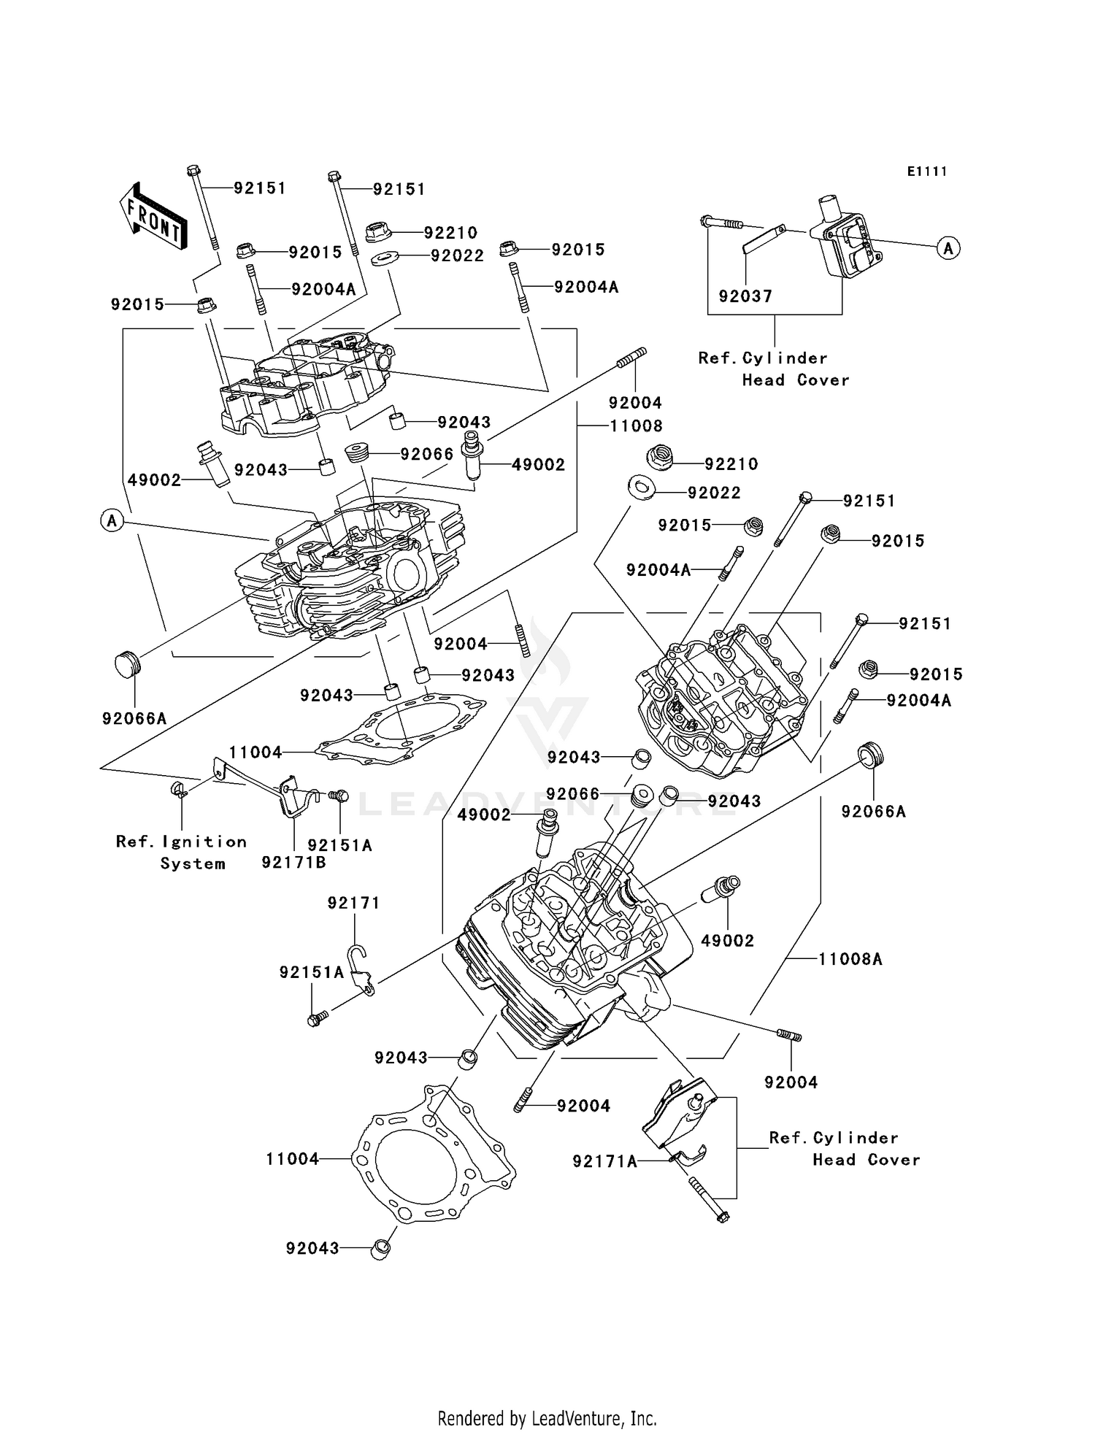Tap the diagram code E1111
[x=927, y=172]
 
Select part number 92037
[x=745, y=296]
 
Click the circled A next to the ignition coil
[x=948, y=248]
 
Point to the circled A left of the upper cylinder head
[x=112, y=520]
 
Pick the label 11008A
[x=850, y=959]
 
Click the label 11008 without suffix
[x=636, y=426]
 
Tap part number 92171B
[x=293, y=863]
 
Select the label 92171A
[x=604, y=1161]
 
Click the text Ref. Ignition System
[x=182, y=852]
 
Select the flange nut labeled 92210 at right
[x=661, y=458]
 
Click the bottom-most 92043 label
[x=312, y=1249]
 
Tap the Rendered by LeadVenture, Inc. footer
[x=547, y=1418]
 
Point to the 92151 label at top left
[x=259, y=188]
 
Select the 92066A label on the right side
[x=873, y=812]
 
